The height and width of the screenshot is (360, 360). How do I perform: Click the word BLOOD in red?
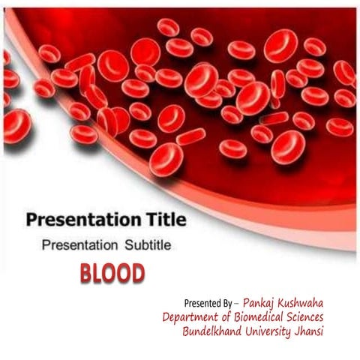112,274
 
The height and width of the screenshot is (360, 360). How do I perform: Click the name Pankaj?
264,303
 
